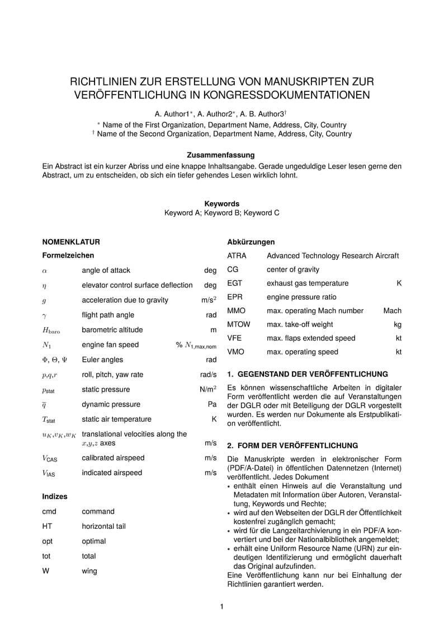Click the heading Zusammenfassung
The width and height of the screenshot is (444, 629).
[x=221, y=155]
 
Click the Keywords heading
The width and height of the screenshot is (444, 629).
[x=221, y=204]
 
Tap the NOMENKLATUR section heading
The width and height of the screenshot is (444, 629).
[x=71, y=242]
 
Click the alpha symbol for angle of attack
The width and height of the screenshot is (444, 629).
[x=45, y=271]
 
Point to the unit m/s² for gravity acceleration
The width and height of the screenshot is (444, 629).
[x=209, y=300]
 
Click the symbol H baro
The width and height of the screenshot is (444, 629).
[x=51, y=330]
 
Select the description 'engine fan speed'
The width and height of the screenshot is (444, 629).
[x=110, y=344]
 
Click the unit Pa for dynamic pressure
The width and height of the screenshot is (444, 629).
[x=212, y=404]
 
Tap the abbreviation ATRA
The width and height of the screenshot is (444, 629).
[x=237, y=255]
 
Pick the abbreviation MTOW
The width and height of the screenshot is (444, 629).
[x=239, y=324]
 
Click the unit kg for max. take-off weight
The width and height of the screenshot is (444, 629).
[x=398, y=324]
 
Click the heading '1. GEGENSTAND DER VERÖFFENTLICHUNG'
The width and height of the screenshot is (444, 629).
[x=307, y=374]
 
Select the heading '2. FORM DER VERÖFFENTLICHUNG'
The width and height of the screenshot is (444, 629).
[x=292, y=446]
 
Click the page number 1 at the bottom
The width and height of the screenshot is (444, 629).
[x=222, y=607]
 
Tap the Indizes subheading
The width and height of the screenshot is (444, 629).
[x=55, y=496]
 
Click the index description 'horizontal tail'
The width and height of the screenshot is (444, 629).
[x=103, y=526]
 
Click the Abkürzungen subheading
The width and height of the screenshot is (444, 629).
[x=251, y=242]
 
